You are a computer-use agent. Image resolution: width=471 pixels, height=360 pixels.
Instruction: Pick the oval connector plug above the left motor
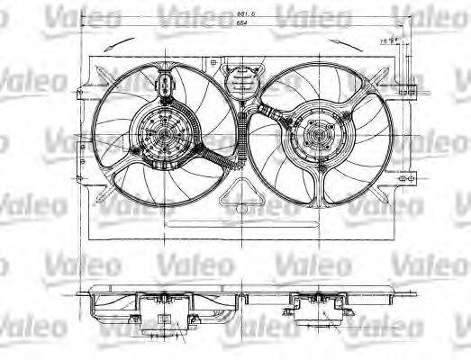click(x=168, y=87)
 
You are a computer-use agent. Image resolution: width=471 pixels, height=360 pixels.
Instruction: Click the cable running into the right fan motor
click(x=270, y=113)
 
